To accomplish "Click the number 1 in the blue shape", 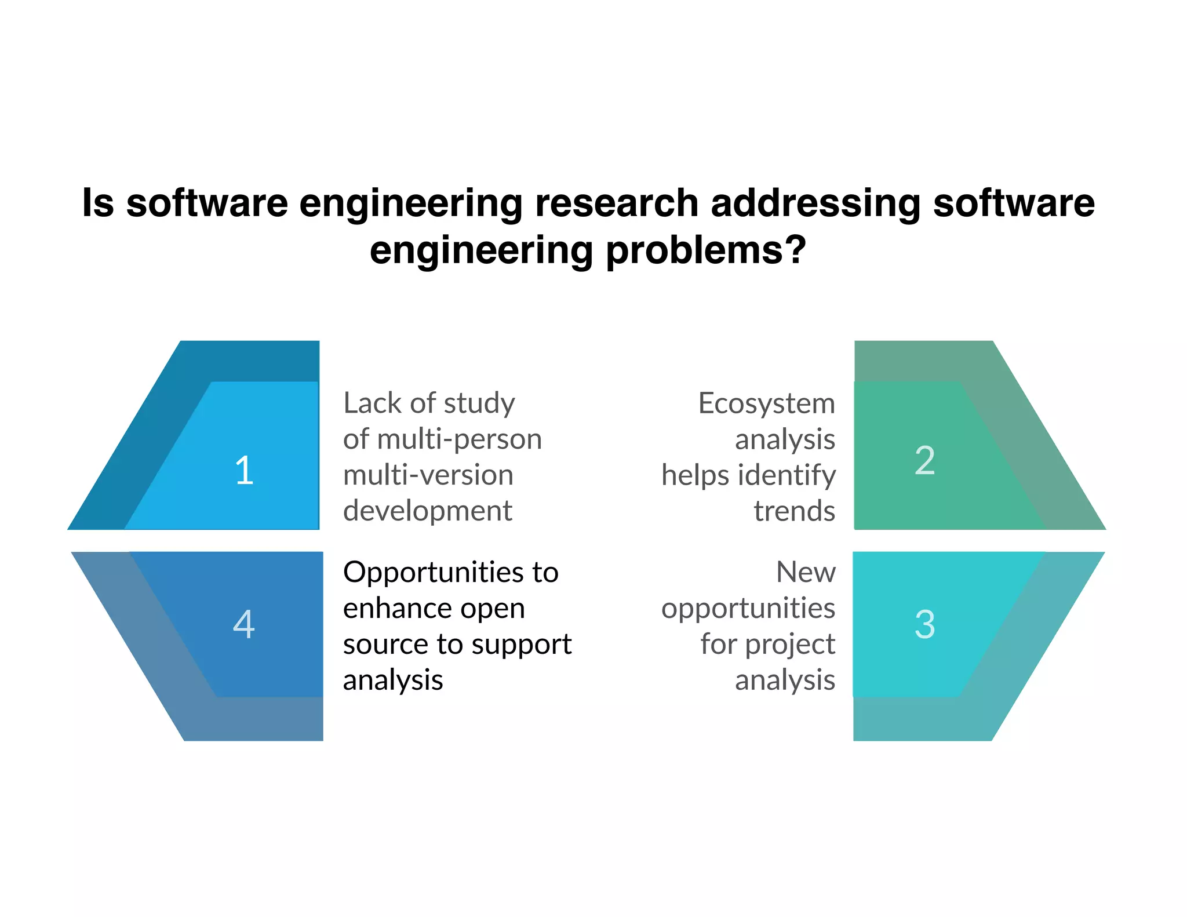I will click(x=245, y=470).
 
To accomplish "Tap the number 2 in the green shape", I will click(x=924, y=461).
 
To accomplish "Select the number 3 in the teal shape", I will click(x=924, y=624).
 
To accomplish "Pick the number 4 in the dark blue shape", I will click(x=244, y=624).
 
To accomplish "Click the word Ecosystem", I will click(x=766, y=403).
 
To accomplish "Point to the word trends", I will click(x=794, y=511).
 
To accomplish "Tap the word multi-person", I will click(x=459, y=439).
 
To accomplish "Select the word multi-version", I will click(x=428, y=475).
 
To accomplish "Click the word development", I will click(x=427, y=511).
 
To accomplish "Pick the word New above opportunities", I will click(x=806, y=573).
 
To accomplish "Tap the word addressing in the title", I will click(x=815, y=203).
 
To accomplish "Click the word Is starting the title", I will click(x=98, y=203).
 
